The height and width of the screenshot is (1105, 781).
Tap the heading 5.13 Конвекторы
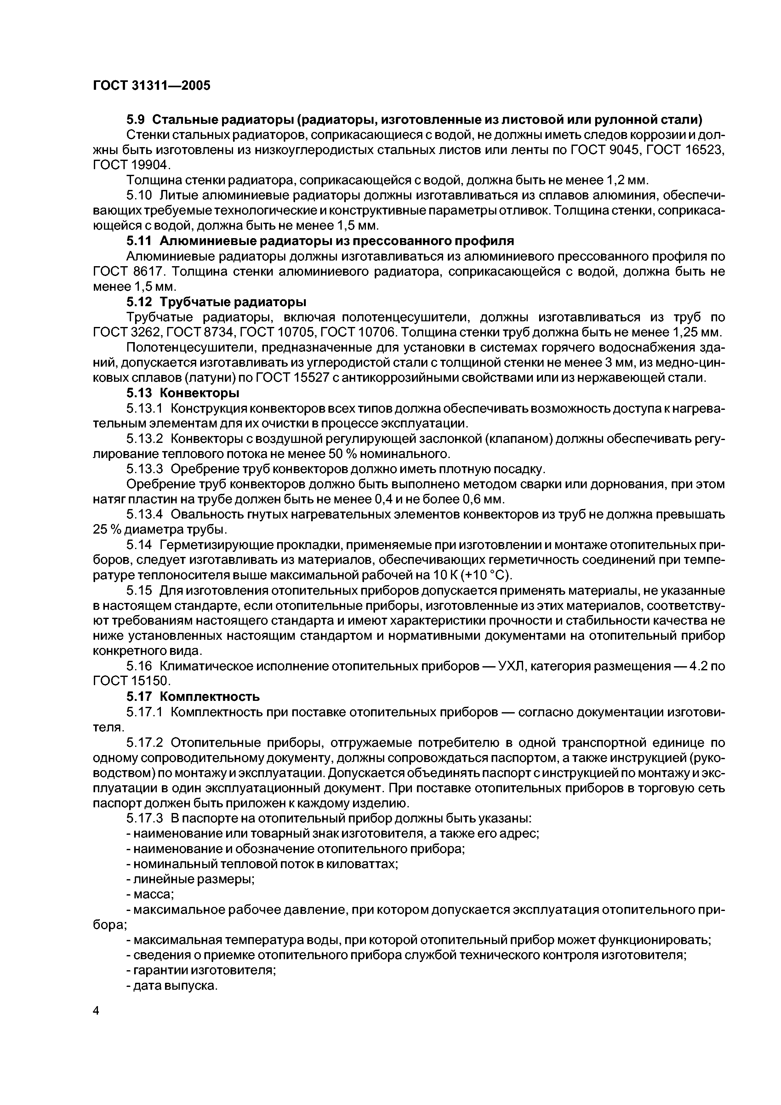coord(183,393)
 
